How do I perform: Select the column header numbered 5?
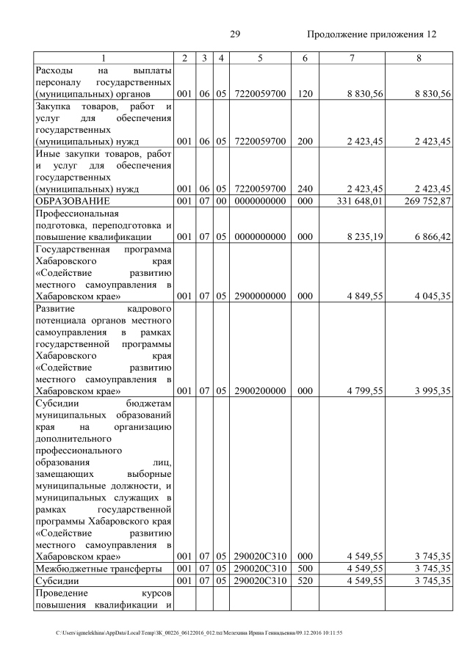pos(260,58)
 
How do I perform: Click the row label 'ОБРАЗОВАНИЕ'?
pos(73,200)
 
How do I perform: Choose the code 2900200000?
pos(260,391)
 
